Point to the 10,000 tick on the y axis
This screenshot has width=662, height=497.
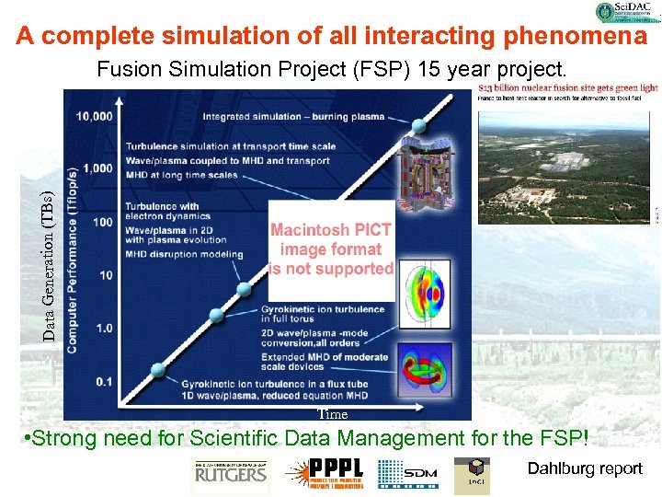tap(96, 116)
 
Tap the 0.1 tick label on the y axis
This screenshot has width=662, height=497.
tap(104, 381)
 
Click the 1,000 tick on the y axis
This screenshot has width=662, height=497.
tap(99, 168)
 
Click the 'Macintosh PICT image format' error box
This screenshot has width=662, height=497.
tap(331, 249)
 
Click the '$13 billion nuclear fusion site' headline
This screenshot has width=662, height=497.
tap(568, 89)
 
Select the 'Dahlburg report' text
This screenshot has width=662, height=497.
tap(585, 469)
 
